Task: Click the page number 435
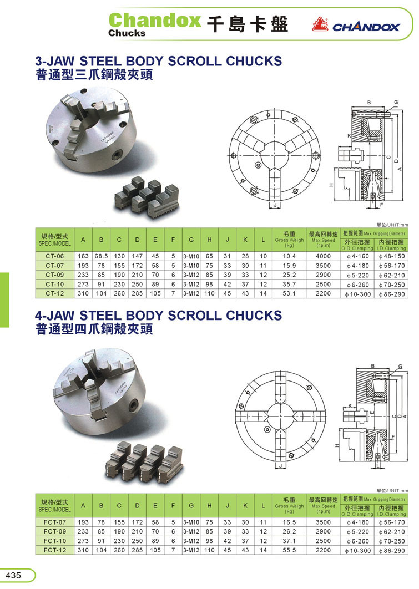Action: point(13,575)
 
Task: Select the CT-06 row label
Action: point(55,256)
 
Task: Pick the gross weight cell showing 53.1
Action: point(289,294)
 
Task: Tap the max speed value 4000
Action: point(323,256)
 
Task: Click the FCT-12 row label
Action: point(55,550)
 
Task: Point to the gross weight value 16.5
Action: point(289,522)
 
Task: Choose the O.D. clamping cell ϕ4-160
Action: point(357,256)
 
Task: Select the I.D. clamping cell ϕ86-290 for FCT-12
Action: point(392,551)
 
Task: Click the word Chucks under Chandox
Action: point(127,33)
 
